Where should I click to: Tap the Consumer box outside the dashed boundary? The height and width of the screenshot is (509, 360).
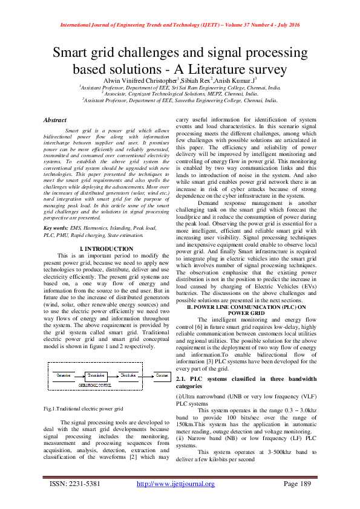pos(162,375)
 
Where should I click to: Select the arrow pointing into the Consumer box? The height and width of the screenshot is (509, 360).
pos(149,375)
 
